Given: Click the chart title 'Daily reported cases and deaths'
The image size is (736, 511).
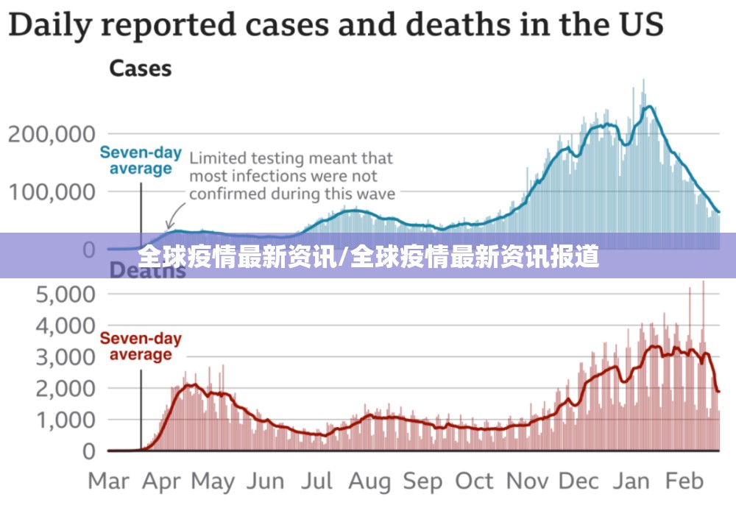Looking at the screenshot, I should click(x=336, y=25).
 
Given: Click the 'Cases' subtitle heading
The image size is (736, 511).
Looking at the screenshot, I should click(x=140, y=69).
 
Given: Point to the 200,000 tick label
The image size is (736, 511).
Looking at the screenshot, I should click(x=52, y=134).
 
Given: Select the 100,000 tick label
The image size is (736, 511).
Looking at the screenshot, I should click(x=52, y=191).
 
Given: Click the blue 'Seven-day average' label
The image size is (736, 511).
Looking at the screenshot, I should click(x=141, y=161).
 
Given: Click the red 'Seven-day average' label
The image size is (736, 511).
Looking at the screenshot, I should click(x=141, y=346).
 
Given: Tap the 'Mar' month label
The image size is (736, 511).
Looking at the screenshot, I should click(x=108, y=482).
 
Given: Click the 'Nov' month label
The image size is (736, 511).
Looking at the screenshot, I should click(x=528, y=482).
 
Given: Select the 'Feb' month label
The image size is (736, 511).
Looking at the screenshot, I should click(x=684, y=482).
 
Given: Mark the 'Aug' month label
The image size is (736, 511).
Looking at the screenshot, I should click(x=369, y=482).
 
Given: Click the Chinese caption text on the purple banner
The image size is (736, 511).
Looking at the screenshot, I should click(x=368, y=256).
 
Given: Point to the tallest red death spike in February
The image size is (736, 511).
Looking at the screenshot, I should click(x=703, y=283).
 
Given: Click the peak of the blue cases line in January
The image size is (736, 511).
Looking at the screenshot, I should click(x=648, y=107).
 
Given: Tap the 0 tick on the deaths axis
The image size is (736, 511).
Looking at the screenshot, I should click(x=89, y=451).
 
